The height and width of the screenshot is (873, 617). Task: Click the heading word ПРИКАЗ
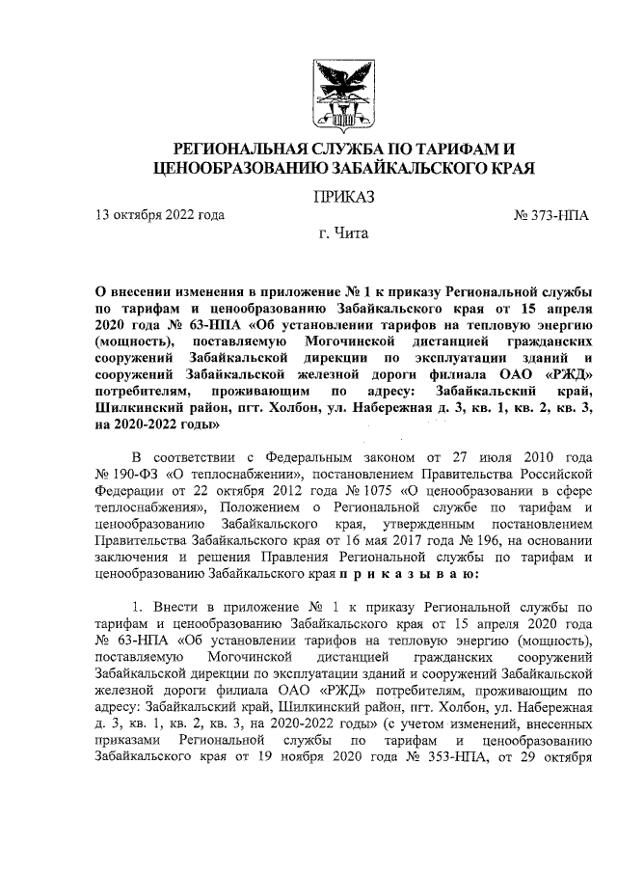[340, 198]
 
